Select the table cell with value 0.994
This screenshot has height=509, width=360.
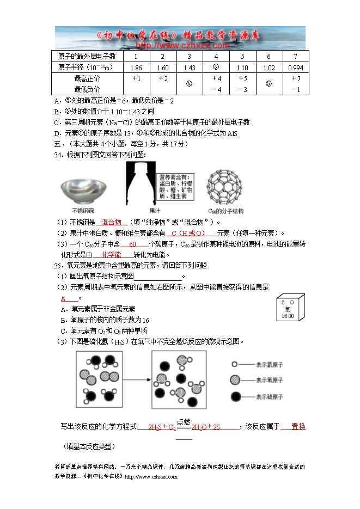coord(296,68)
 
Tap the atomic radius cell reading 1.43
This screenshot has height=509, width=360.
coord(190,68)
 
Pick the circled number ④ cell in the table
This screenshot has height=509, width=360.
coord(190,84)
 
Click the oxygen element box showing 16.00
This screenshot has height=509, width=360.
coord(288,309)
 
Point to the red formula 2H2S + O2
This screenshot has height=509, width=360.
coord(162,427)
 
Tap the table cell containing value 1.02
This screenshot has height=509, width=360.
coord(269,68)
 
